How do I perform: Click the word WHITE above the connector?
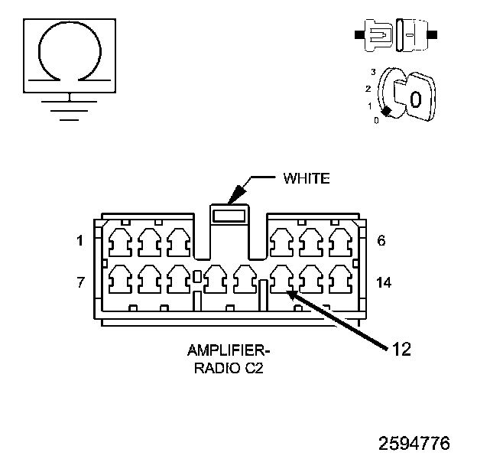(x=307, y=178)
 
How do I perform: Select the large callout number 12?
(x=401, y=349)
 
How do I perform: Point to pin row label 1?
(x=79, y=241)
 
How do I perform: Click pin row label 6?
(x=381, y=240)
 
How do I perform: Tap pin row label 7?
(x=80, y=282)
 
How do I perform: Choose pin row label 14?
(x=384, y=282)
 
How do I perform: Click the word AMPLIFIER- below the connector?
(x=229, y=350)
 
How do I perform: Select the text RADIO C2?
(x=229, y=368)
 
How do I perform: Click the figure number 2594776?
(x=414, y=443)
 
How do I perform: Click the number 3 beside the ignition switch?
(x=373, y=72)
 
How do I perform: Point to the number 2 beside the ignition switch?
(x=368, y=89)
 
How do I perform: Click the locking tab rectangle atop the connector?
(x=229, y=216)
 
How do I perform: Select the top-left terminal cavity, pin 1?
(x=120, y=243)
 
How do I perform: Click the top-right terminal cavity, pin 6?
(x=341, y=243)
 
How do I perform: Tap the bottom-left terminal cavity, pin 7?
(x=120, y=279)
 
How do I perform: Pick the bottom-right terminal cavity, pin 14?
(x=341, y=279)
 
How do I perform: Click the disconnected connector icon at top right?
(x=396, y=35)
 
